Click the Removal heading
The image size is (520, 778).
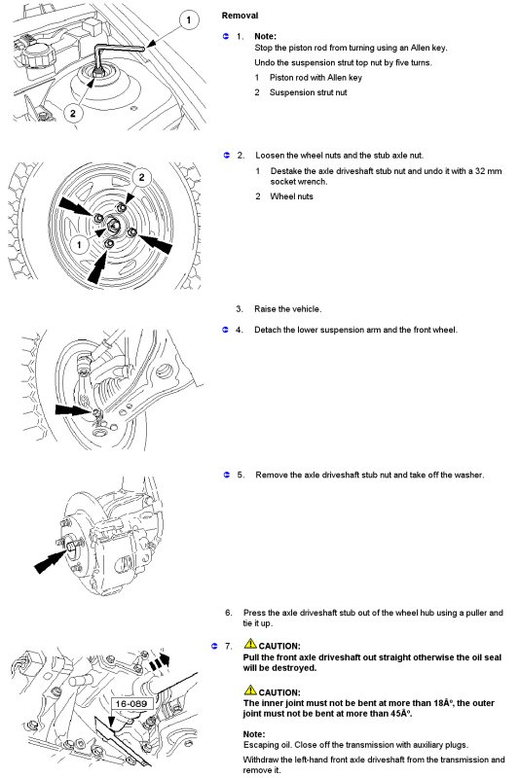[x=240, y=16]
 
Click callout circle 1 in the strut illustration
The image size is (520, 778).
[x=188, y=20]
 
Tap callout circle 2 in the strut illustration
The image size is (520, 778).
[x=73, y=113]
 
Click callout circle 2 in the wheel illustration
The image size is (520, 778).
[x=141, y=177]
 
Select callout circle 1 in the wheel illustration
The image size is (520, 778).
[x=79, y=244]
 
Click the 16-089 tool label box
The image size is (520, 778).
[x=131, y=703]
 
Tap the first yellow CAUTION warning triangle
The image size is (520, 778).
[x=250, y=644]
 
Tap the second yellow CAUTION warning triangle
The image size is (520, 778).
[x=250, y=690]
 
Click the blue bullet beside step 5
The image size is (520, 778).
[x=227, y=475]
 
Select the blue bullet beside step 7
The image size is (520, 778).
[x=214, y=646]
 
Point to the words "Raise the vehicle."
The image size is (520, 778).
[x=287, y=309]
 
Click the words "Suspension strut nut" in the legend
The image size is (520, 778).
[x=308, y=92]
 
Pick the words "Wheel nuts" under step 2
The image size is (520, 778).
[x=291, y=196]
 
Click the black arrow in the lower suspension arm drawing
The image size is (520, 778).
[x=73, y=409]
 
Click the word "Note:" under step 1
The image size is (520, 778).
[x=265, y=36]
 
